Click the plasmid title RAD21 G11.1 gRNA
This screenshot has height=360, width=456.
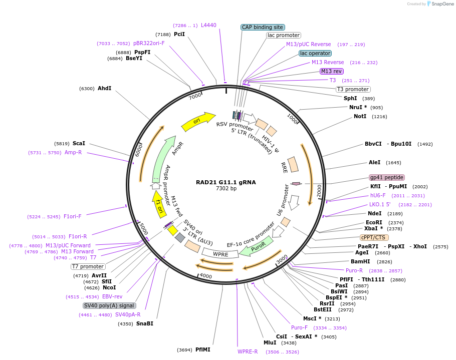point(225,182)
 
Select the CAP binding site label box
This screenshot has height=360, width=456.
point(263,28)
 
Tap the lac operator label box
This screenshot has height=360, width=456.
point(315,53)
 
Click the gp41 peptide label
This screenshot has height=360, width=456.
point(386,177)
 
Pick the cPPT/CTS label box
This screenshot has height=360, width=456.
point(374,237)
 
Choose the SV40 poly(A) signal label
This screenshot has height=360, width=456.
point(109,305)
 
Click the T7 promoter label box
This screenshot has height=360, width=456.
point(88,266)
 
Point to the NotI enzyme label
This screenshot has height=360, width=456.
point(360,116)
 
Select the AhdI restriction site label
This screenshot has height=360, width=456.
point(104,88)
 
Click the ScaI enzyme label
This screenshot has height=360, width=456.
point(79,143)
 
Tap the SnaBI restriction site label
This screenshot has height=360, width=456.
point(145,323)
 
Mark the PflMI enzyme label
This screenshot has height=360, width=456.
point(203,349)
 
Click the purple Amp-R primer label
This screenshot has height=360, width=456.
point(73,152)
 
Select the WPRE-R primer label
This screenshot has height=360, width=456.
point(248,351)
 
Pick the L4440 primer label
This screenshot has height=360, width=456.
point(208,25)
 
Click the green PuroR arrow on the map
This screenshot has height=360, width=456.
point(257,245)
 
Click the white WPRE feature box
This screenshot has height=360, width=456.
point(221,254)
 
